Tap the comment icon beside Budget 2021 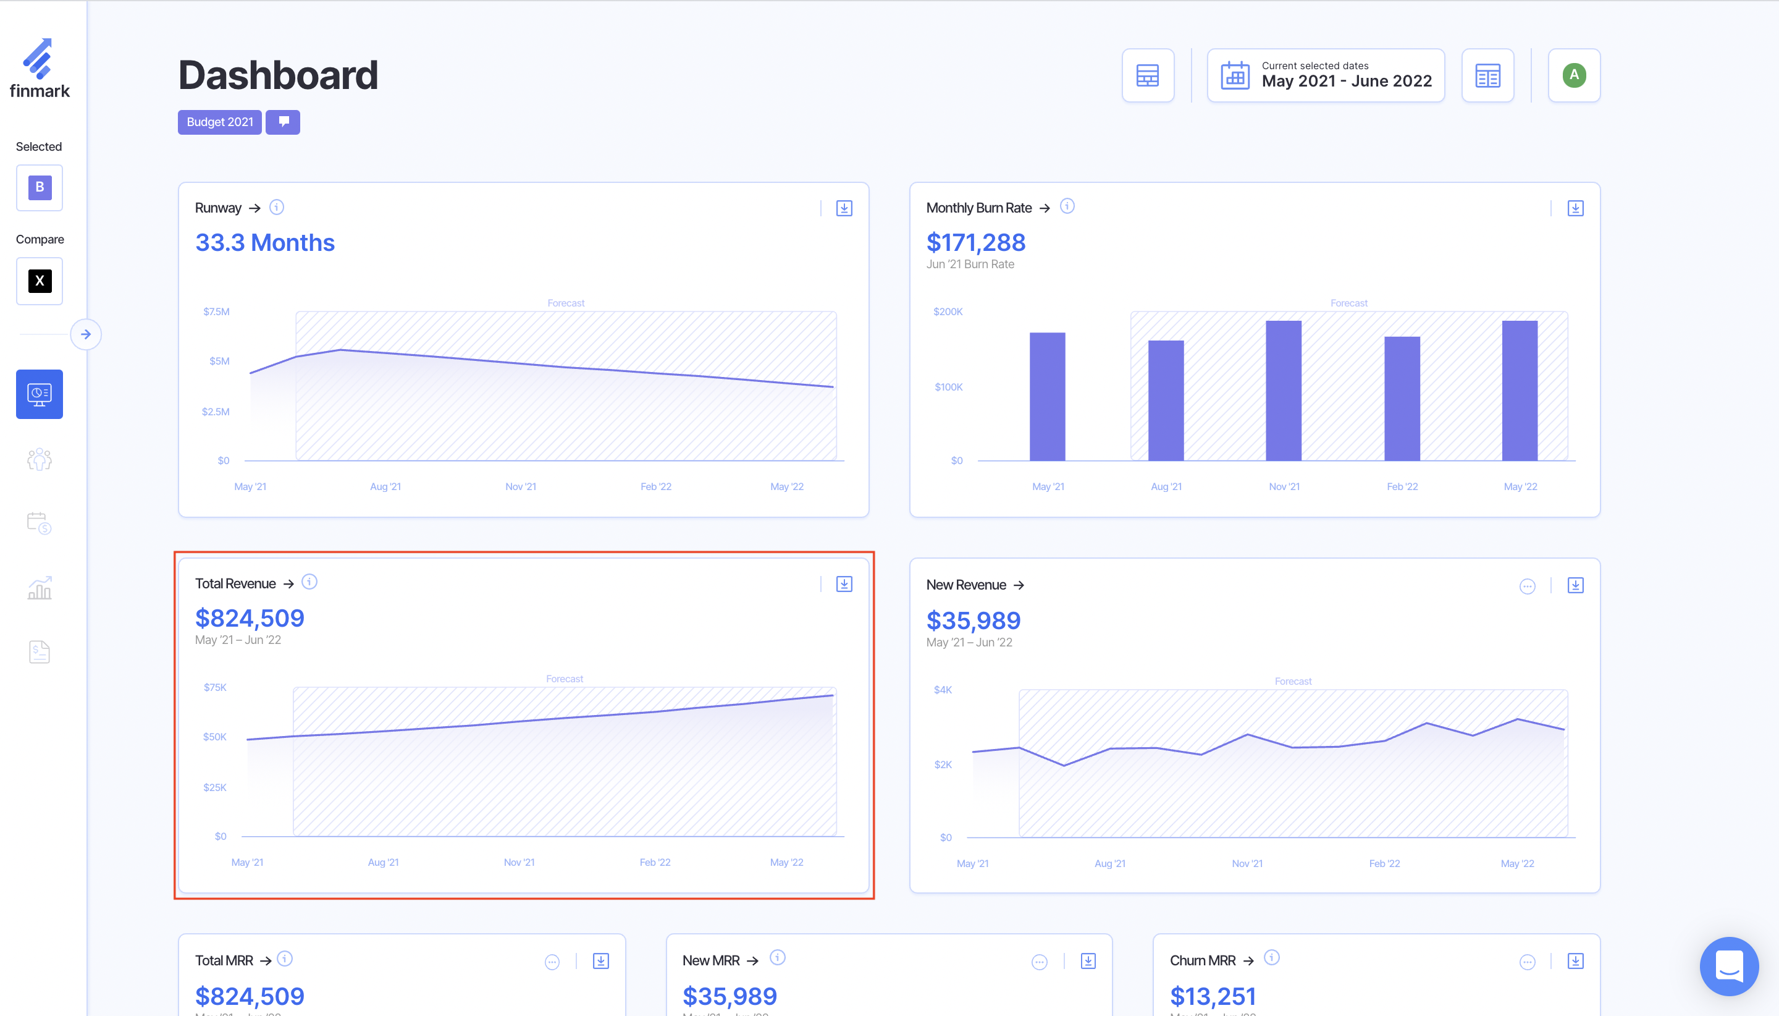click(x=283, y=122)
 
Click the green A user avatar click(x=1573, y=75)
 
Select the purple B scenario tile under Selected click(x=40, y=187)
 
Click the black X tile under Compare click(x=40, y=281)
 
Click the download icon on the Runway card click(x=844, y=208)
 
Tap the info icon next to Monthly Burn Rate click(x=1067, y=206)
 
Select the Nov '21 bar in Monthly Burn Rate click(x=1283, y=391)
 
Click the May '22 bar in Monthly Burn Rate click(x=1519, y=391)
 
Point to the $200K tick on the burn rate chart click(x=948, y=311)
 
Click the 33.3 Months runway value click(x=265, y=243)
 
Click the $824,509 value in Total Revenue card click(x=250, y=618)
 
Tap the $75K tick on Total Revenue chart click(x=215, y=687)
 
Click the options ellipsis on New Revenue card click(x=1527, y=586)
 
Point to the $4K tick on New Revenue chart click(x=943, y=690)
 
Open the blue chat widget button click(x=1729, y=966)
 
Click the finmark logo click(x=40, y=69)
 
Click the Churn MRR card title click(x=1203, y=960)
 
